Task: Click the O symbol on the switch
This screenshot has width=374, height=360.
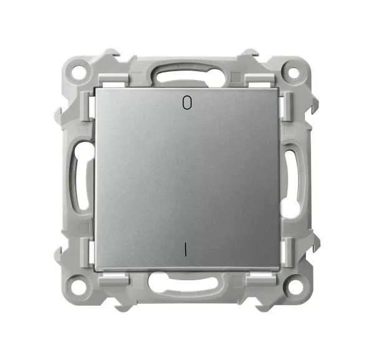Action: [187, 102]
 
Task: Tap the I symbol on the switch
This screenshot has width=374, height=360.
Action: [185, 250]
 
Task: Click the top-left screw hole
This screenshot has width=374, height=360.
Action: [79, 71]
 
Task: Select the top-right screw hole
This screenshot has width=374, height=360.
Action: [294, 72]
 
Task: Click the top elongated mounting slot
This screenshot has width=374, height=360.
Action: [186, 74]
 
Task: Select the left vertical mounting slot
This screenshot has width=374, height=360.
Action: [82, 178]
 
